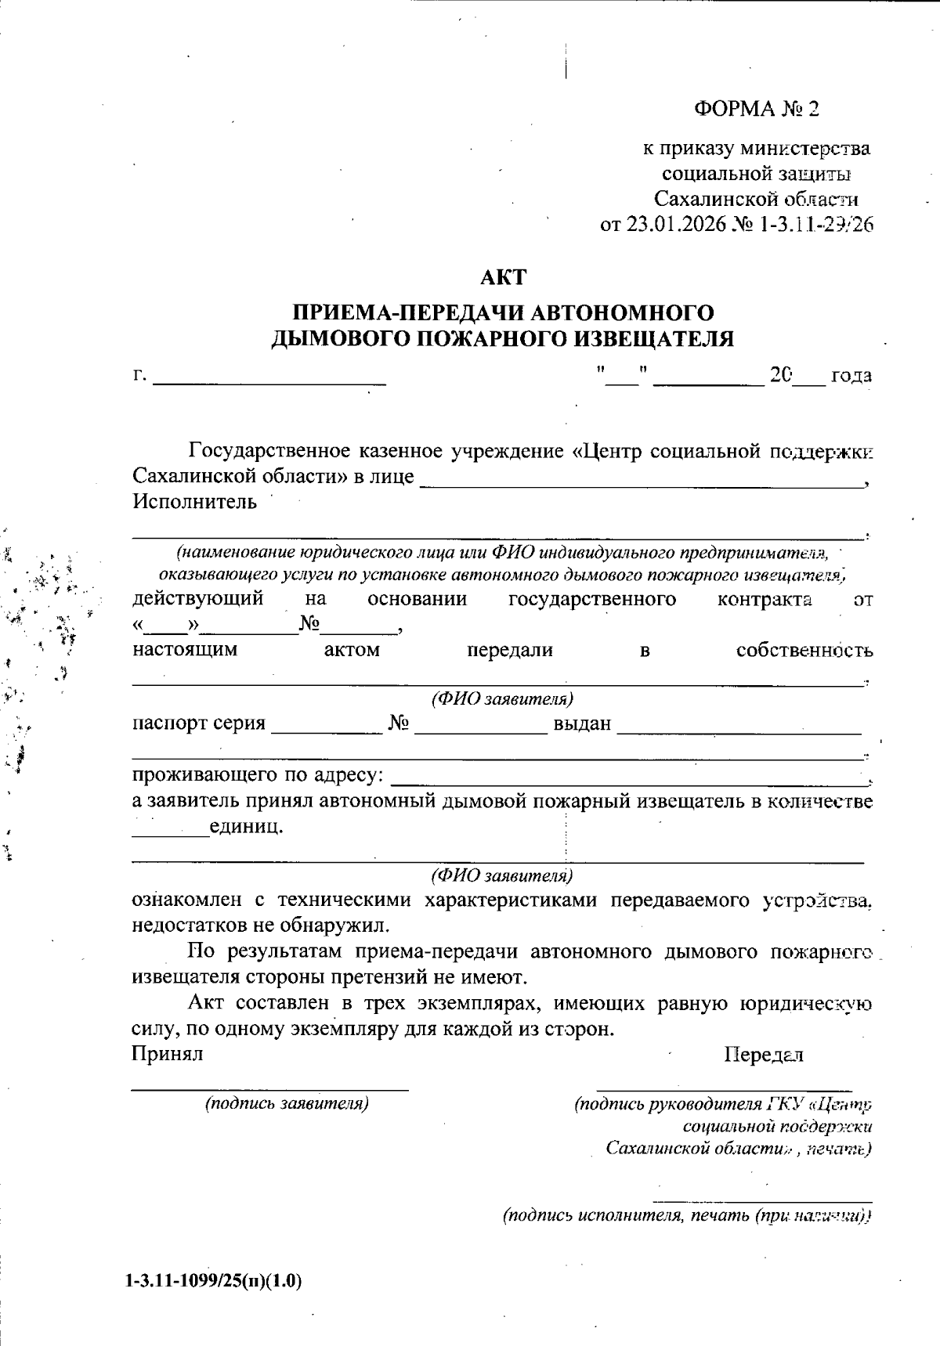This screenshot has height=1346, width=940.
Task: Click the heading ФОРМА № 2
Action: tap(756, 109)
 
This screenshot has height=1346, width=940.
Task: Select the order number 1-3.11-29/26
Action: tap(815, 226)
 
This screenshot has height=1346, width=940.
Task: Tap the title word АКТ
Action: tap(503, 277)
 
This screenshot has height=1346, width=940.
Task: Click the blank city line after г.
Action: tap(269, 380)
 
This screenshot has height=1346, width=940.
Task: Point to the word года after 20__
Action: tap(851, 376)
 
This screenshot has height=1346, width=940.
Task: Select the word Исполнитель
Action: tap(194, 502)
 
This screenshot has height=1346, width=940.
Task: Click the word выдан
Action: tap(582, 724)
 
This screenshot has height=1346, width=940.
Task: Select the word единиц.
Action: tap(246, 827)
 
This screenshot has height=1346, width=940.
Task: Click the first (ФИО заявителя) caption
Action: tap(502, 698)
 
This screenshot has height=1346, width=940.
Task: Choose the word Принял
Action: tap(167, 1054)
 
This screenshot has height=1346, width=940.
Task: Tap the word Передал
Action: tap(764, 1055)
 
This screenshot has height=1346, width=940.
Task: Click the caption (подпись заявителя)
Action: tap(287, 1104)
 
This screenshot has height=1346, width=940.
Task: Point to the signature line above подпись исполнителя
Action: tap(762, 1200)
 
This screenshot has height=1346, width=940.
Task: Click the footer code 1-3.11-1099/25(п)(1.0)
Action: tap(213, 1281)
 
